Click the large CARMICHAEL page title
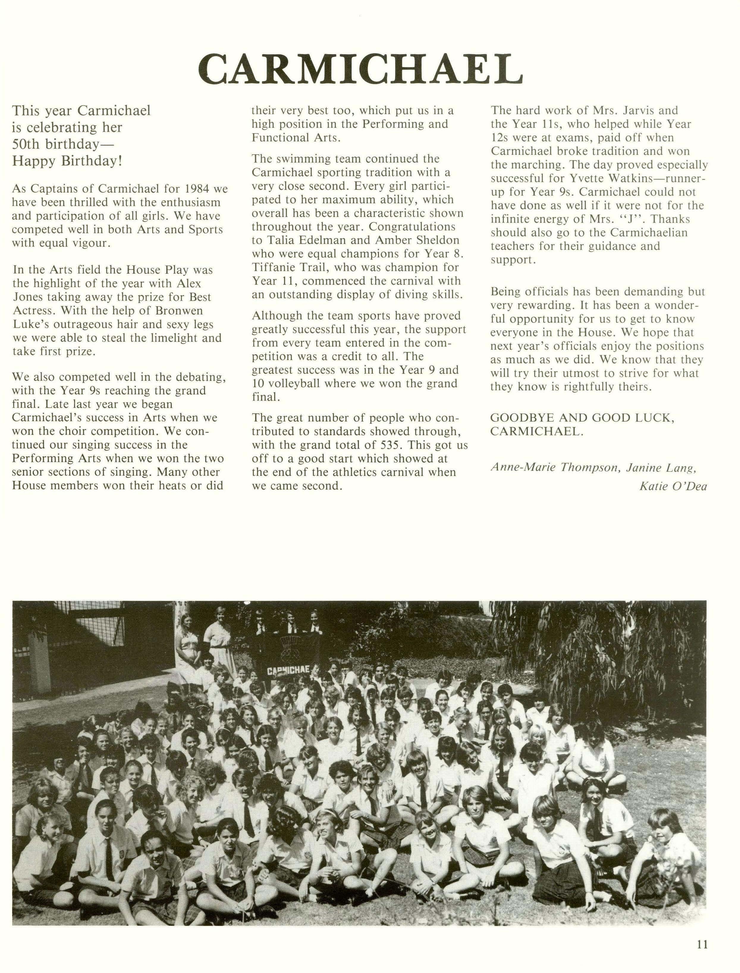coord(360,69)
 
